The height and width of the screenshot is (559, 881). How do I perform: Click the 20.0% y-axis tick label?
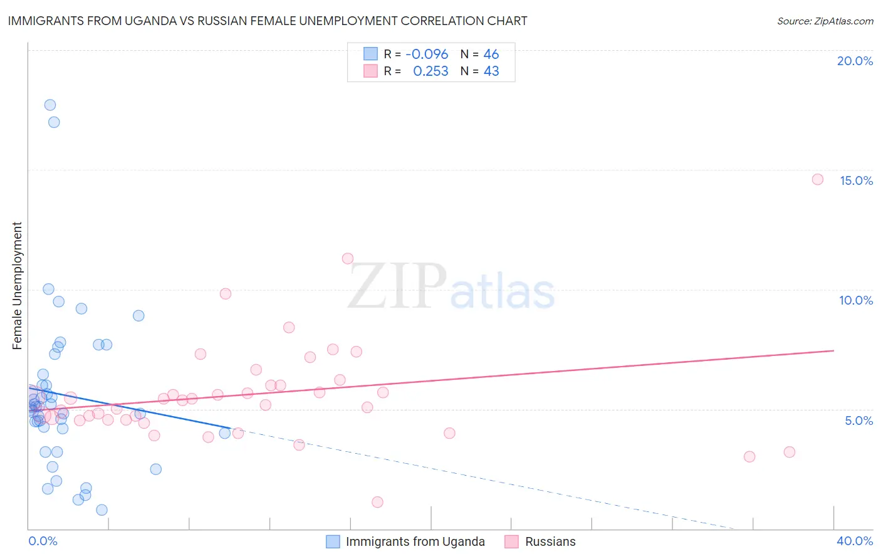coord(855,61)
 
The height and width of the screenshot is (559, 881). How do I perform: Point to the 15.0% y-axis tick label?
coord(856,180)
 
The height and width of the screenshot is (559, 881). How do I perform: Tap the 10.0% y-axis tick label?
coord(856,300)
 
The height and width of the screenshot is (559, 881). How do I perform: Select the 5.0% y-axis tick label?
coord(858,421)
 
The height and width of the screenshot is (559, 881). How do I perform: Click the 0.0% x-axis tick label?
coord(43,541)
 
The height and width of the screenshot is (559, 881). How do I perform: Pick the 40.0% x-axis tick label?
coord(854,541)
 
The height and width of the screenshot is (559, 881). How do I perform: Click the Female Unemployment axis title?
coord(17,286)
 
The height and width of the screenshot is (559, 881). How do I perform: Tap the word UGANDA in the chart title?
coord(142,21)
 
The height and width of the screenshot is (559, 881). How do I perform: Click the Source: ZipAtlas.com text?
coord(825,21)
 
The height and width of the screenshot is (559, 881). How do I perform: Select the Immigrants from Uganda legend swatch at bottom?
coord(333,541)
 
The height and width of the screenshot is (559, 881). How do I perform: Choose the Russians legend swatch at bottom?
coord(512,541)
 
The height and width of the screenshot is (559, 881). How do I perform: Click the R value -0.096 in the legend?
coord(427,54)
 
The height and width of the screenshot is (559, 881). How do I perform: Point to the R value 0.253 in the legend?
coord(430,71)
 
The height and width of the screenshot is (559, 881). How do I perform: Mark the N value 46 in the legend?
coord(491,54)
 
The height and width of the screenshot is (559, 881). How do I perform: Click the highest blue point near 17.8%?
coord(50,105)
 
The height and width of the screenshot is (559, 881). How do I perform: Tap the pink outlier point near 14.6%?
coord(818,179)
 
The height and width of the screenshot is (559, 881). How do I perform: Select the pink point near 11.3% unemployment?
coord(348,258)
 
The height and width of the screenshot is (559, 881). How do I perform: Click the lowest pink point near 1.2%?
coord(377,502)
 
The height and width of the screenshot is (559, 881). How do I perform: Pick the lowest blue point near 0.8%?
coord(102,510)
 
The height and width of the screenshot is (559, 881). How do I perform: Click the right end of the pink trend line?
coord(833,350)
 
